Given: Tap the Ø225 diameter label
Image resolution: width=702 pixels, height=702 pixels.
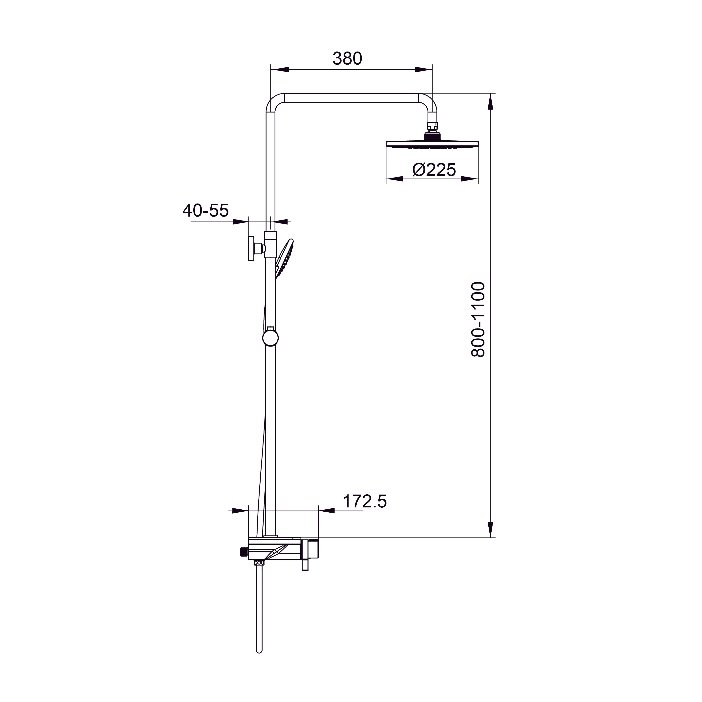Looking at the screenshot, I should pos(434,169).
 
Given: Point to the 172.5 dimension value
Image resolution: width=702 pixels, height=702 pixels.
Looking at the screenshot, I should pos(364,501).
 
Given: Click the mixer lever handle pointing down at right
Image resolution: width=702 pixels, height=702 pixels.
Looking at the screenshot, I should pos(305,565).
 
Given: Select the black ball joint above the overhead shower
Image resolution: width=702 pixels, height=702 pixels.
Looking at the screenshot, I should pos(432,136).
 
